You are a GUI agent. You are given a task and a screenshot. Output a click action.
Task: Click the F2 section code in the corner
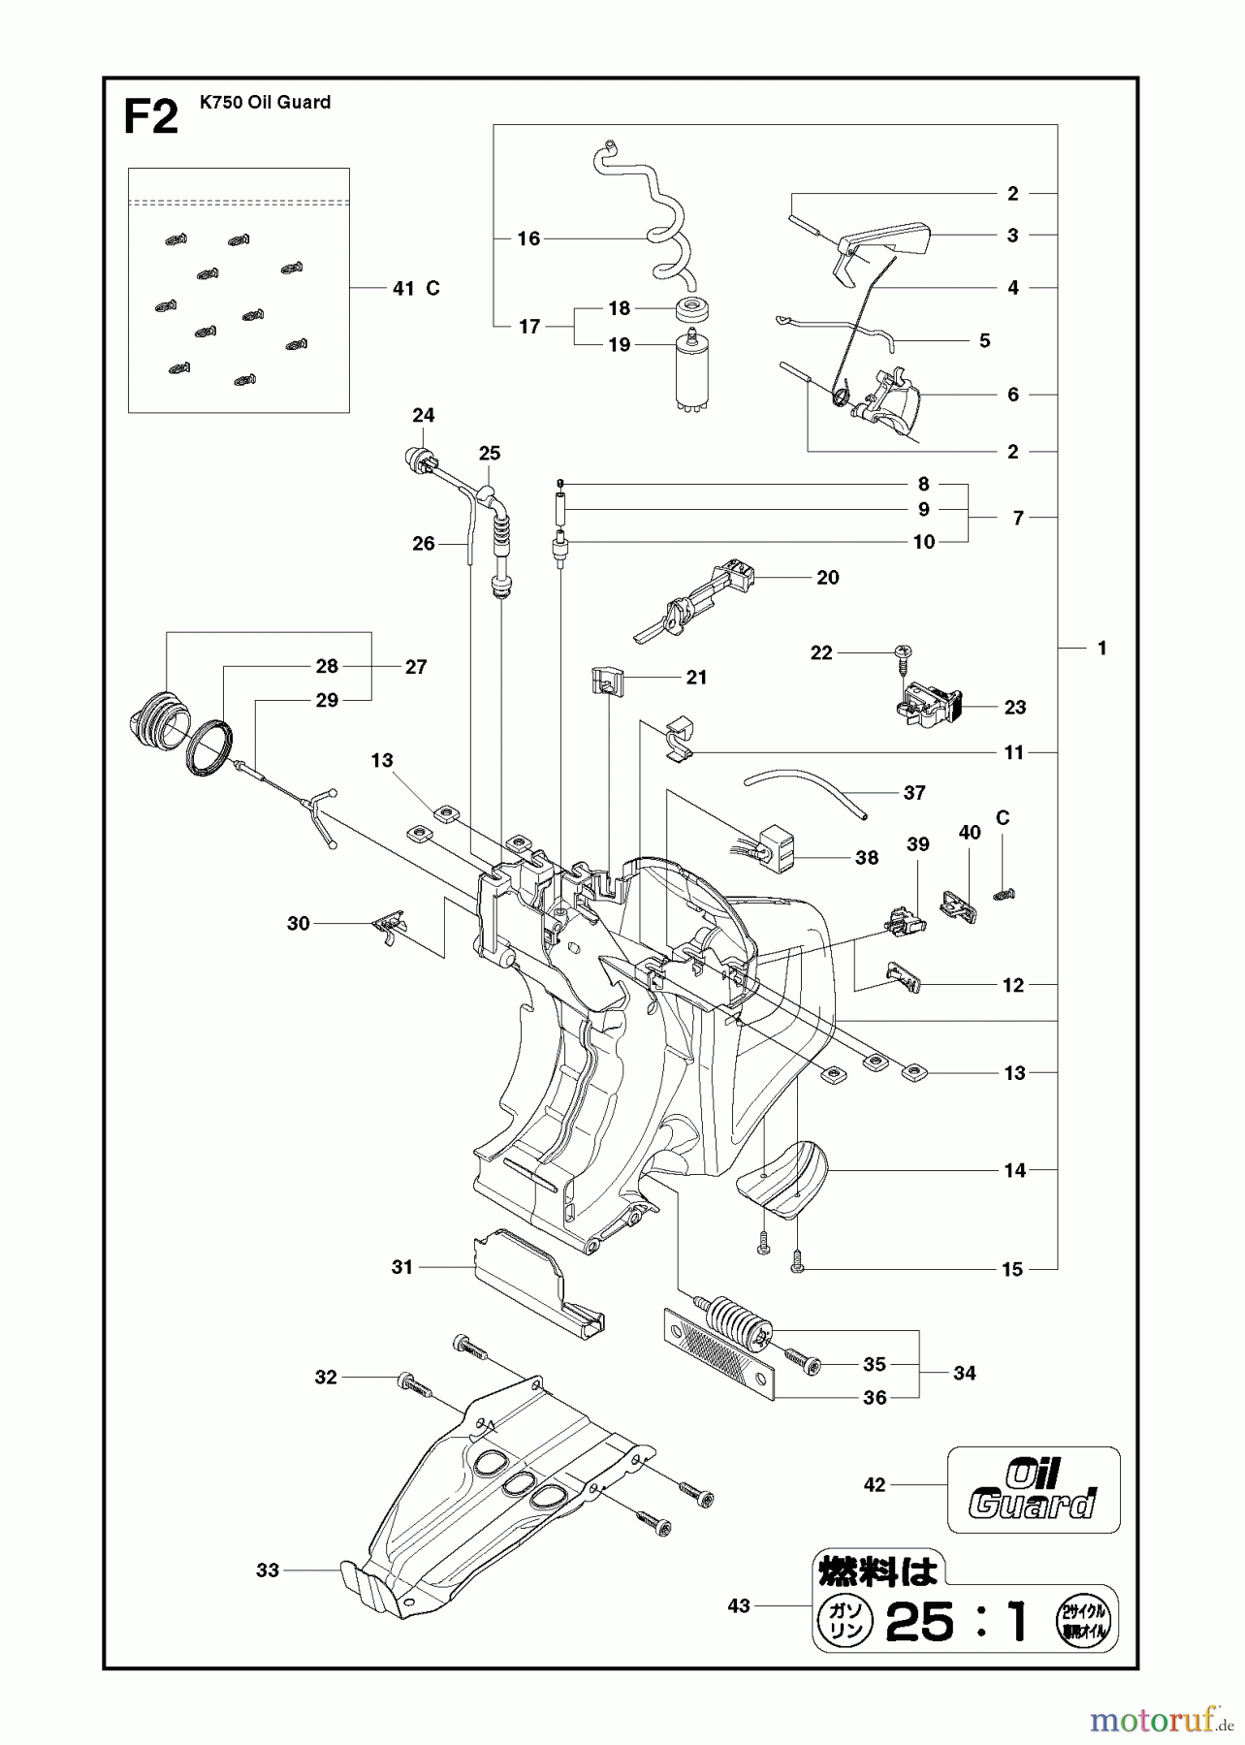point(151,117)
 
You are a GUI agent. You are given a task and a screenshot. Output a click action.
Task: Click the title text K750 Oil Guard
point(265,102)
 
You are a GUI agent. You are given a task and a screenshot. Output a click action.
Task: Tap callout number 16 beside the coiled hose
point(528,238)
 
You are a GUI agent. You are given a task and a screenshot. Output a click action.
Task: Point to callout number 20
point(827,577)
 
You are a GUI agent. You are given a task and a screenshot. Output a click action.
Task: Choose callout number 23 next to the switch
point(1014,707)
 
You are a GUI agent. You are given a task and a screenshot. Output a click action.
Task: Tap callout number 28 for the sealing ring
point(327,666)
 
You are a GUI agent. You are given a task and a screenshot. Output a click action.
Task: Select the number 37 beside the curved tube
point(914,792)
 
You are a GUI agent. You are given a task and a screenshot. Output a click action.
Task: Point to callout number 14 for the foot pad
point(1014,1170)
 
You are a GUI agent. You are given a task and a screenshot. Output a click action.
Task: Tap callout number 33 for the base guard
point(268,1570)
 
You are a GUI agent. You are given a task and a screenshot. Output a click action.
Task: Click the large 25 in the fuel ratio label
point(919,1621)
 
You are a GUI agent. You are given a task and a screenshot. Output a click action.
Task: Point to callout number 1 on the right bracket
point(1101,648)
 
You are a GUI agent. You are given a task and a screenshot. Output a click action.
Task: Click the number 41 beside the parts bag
point(404,288)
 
